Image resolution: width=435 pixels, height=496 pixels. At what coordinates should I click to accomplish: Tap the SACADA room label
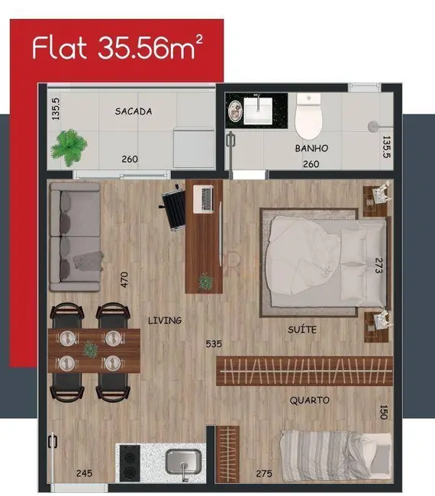click(x=134, y=111)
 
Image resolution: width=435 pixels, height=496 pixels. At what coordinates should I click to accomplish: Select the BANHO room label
click(x=311, y=148)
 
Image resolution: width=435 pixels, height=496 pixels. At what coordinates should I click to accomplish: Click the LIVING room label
click(x=165, y=320)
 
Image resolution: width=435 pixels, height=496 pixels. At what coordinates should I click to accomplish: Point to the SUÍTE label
click(x=302, y=329)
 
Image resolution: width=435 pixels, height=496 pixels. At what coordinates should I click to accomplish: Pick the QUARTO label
click(x=309, y=400)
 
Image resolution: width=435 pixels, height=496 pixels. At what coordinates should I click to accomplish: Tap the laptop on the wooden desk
click(x=205, y=199)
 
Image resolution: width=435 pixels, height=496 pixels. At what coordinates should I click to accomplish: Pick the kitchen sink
click(x=183, y=462)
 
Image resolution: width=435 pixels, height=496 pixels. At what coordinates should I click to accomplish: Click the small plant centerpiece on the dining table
click(x=90, y=349)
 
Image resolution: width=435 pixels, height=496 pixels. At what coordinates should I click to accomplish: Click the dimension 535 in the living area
click(x=214, y=343)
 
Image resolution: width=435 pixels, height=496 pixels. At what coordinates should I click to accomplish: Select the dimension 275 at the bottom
click(x=264, y=474)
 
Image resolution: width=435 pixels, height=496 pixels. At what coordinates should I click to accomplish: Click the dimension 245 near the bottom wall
click(x=84, y=474)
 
